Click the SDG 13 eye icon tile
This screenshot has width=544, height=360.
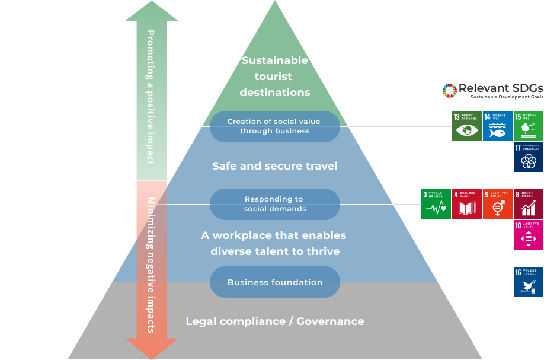(x=467, y=126)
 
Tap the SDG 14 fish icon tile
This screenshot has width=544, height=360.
(x=498, y=126)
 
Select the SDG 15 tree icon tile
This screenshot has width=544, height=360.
(x=529, y=126)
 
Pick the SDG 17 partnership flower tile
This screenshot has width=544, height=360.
(x=529, y=157)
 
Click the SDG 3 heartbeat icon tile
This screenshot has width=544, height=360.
(x=436, y=204)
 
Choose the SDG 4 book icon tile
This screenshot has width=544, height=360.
(x=467, y=204)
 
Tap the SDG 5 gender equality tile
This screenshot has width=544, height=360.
(x=498, y=204)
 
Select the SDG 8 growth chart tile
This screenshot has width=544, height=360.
(x=529, y=204)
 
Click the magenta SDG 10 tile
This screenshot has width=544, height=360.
(x=529, y=235)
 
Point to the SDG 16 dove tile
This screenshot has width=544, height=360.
(x=529, y=282)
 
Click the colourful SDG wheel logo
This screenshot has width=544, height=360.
(x=450, y=90)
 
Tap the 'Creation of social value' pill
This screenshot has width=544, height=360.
(x=274, y=126)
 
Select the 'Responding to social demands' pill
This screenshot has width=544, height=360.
(x=274, y=204)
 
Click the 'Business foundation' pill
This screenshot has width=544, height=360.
(x=274, y=282)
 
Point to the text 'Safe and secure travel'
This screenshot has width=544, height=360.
(x=274, y=166)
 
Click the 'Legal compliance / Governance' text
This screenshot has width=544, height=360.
(x=274, y=321)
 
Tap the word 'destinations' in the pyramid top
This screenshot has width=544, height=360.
(x=274, y=93)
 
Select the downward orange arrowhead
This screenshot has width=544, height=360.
(x=152, y=349)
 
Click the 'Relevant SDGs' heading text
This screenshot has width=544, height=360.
(x=501, y=88)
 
